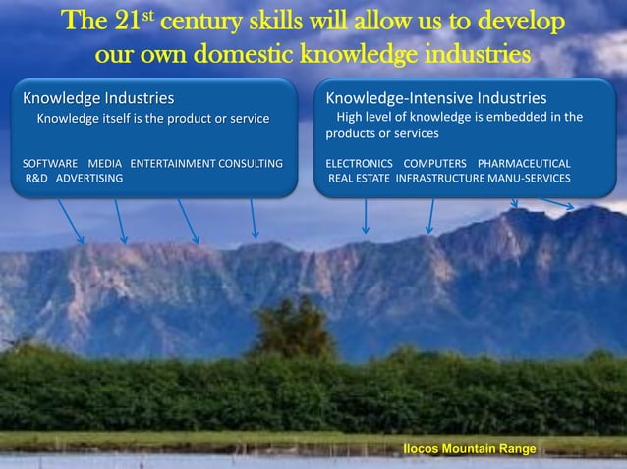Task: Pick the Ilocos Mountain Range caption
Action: (x=470, y=448)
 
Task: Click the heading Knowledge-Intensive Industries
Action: (x=436, y=98)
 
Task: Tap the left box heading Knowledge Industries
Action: (x=98, y=98)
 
